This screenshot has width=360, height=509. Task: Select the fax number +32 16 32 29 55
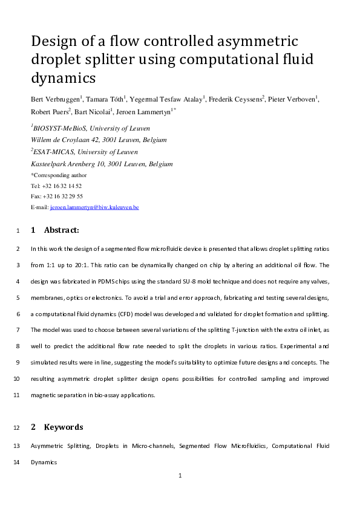click(x=63, y=196)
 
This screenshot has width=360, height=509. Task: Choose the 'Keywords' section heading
click(x=64, y=427)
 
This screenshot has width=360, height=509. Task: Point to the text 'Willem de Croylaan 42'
click(x=64, y=140)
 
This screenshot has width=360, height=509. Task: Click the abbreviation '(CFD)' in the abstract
click(x=131, y=314)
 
